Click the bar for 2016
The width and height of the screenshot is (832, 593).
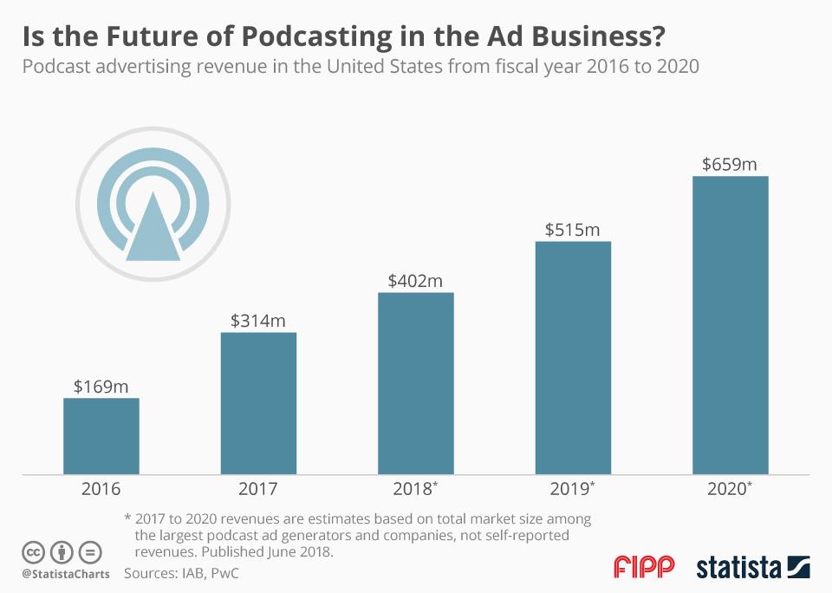(x=101, y=436)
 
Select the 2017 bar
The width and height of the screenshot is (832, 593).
(x=258, y=403)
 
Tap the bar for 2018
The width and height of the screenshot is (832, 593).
(x=416, y=383)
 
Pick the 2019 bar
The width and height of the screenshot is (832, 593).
(x=573, y=357)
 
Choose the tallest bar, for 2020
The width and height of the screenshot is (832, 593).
(x=730, y=325)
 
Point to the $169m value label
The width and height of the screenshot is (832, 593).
(x=101, y=387)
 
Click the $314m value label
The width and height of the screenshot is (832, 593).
(x=258, y=321)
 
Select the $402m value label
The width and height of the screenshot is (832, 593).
(x=416, y=281)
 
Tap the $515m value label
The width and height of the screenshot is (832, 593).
(x=573, y=230)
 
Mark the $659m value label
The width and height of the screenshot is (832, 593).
(x=730, y=165)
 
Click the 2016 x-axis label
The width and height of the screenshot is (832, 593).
(x=101, y=489)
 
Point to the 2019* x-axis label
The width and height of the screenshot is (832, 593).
(x=574, y=489)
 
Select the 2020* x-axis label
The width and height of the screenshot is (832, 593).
(x=731, y=489)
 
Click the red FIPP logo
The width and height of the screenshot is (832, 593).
(x=644, y=567)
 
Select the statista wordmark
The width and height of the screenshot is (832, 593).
(x=738, y=568)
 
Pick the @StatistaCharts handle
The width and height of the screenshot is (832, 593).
(x=66, y=574)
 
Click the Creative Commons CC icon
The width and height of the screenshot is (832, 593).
(x=34, y=551)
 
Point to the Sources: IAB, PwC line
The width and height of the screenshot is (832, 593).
(x=181, y=573)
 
